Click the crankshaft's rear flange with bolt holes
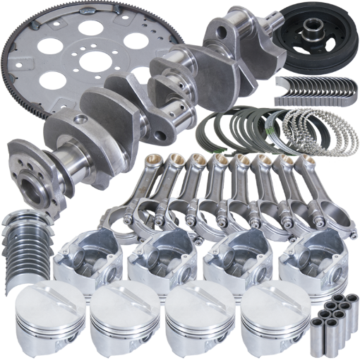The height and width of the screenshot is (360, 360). pyautogui.click(x=28, y=166)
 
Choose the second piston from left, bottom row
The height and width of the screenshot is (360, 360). pyautogui.click(x=120, y=318)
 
